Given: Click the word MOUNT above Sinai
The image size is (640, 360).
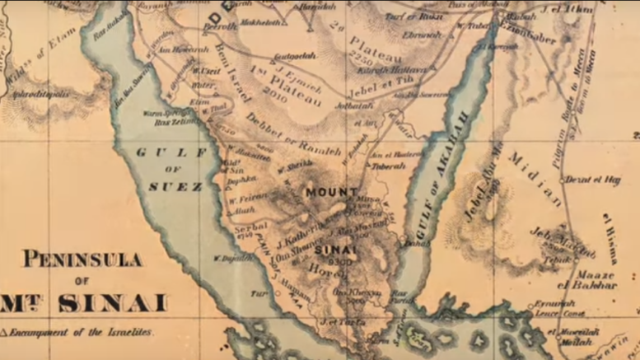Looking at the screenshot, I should pyautogui.click(x=332, y=192).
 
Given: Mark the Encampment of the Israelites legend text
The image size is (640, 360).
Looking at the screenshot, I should pyautogui.click(x=79, y=332).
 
